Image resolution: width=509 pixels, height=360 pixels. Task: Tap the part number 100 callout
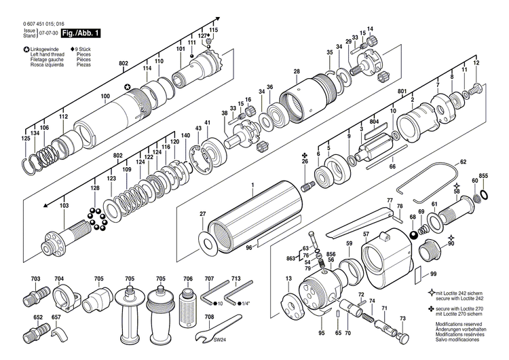(x=105, y=96)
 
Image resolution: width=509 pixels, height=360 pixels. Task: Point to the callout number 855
(x=483, y=176)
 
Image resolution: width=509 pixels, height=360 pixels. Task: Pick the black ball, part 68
(x=413, y=235)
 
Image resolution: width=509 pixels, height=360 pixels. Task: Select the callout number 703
(x=35, y=279)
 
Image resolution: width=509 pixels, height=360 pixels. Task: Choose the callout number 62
(x=464, y=162)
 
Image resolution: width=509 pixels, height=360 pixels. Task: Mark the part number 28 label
(x=297, y=71)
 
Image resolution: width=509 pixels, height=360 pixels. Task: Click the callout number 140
(x=185, y=135)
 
